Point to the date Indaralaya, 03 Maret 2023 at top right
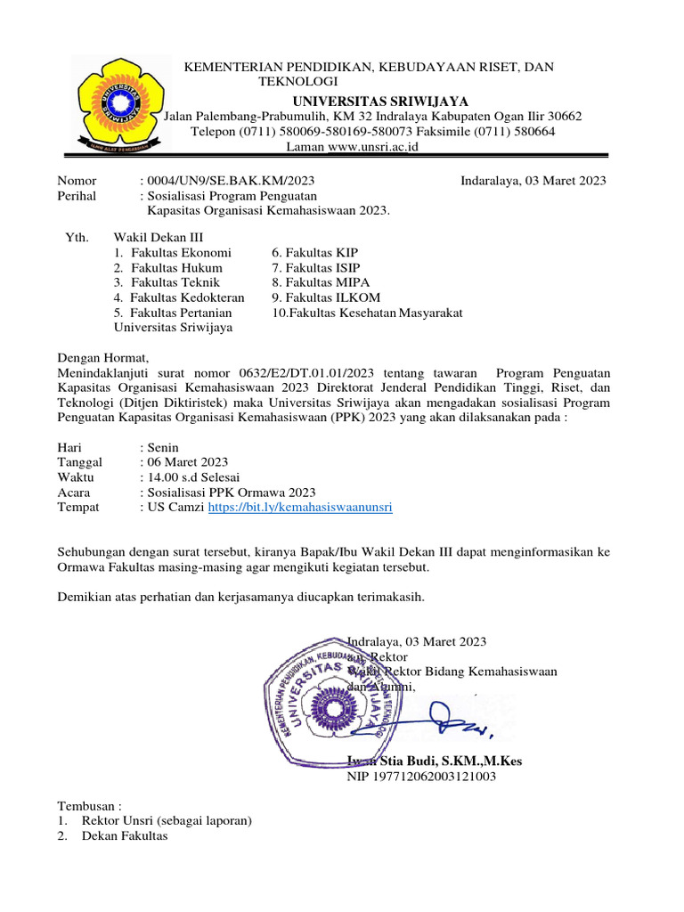pos(533,181)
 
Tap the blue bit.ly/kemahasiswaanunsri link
pos(300,507)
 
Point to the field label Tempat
pos(78,507)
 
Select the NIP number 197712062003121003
pos(421,777)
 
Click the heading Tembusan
pos(88,805)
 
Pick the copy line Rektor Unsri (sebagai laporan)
pos(167,820)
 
